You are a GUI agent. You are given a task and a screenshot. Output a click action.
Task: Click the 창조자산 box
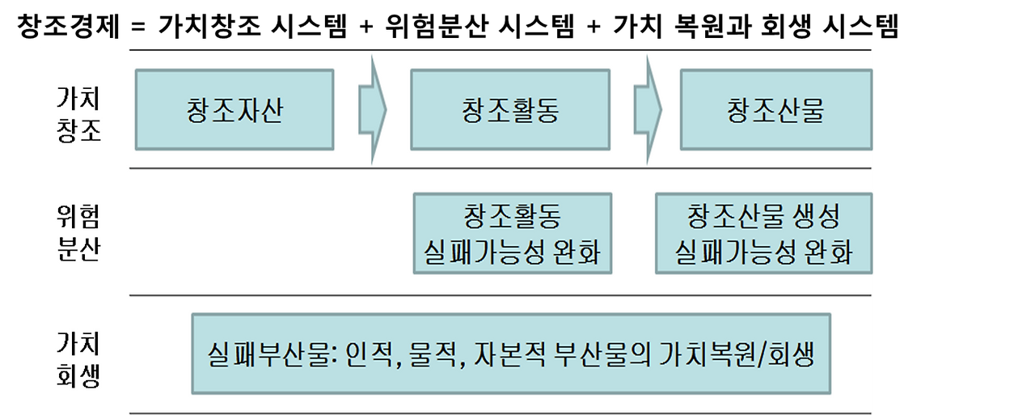(234, 110)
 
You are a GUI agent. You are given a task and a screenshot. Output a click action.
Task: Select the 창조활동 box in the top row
(510, 110)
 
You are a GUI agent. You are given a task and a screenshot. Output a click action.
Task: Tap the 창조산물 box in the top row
(775, 110)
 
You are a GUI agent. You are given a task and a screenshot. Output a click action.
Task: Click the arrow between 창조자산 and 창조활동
(373, 110)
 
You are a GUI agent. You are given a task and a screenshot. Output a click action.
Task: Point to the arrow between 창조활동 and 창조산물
(648, 110)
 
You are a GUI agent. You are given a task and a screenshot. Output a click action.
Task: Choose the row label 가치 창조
(79, 115)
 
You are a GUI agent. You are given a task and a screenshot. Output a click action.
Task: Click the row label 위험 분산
(79, 233)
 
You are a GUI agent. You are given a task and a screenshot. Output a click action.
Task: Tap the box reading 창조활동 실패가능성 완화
(513, 234)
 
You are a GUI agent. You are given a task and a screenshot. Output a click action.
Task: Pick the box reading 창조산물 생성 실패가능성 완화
(763, 234)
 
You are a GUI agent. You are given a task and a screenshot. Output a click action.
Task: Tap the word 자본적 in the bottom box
(508, 354)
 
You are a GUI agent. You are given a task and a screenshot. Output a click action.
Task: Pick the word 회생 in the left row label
(79, 376)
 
